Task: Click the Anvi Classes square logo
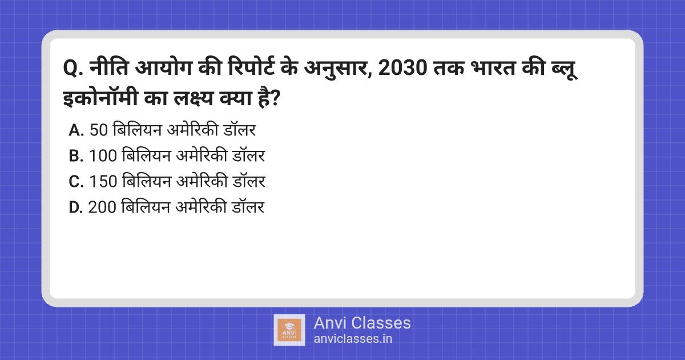point(289,330)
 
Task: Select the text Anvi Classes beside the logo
point(362,323)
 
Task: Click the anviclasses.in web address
point(353,338)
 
